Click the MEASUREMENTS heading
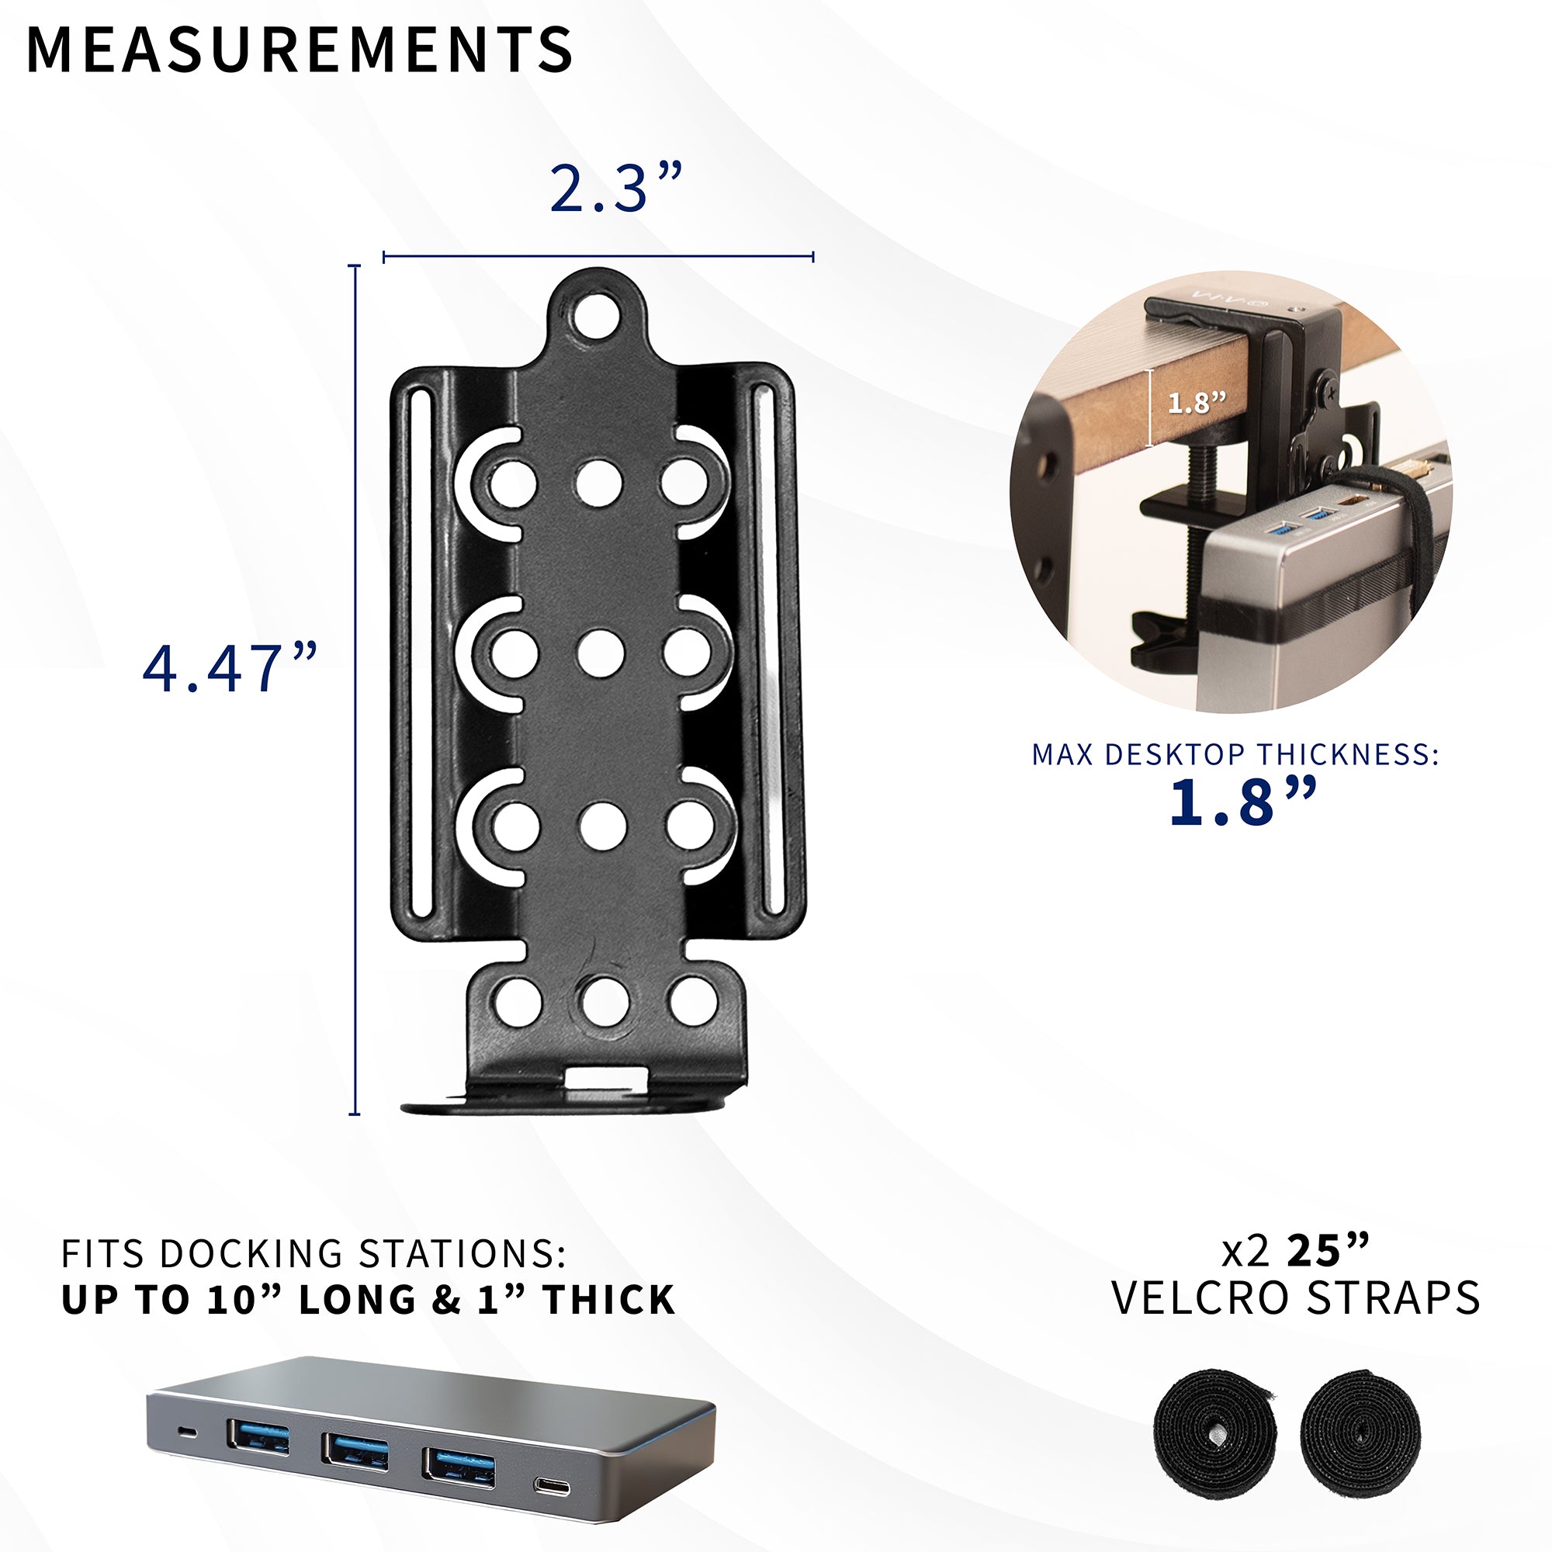click(300, 50)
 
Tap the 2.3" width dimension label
click(616, 189)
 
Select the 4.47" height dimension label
click(230, 668)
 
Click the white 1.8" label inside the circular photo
click(1197, 404)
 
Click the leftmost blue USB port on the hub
click(258, 1436)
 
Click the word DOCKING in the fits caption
click(252, 1254)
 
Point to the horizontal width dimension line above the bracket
click(598, 257)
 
